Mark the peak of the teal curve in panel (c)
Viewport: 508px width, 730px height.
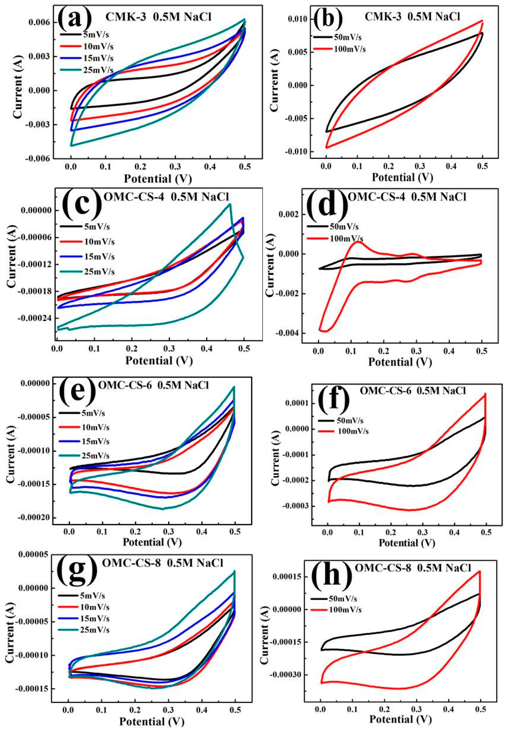(230, 204)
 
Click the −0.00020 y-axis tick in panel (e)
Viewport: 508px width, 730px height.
(35, 518)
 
